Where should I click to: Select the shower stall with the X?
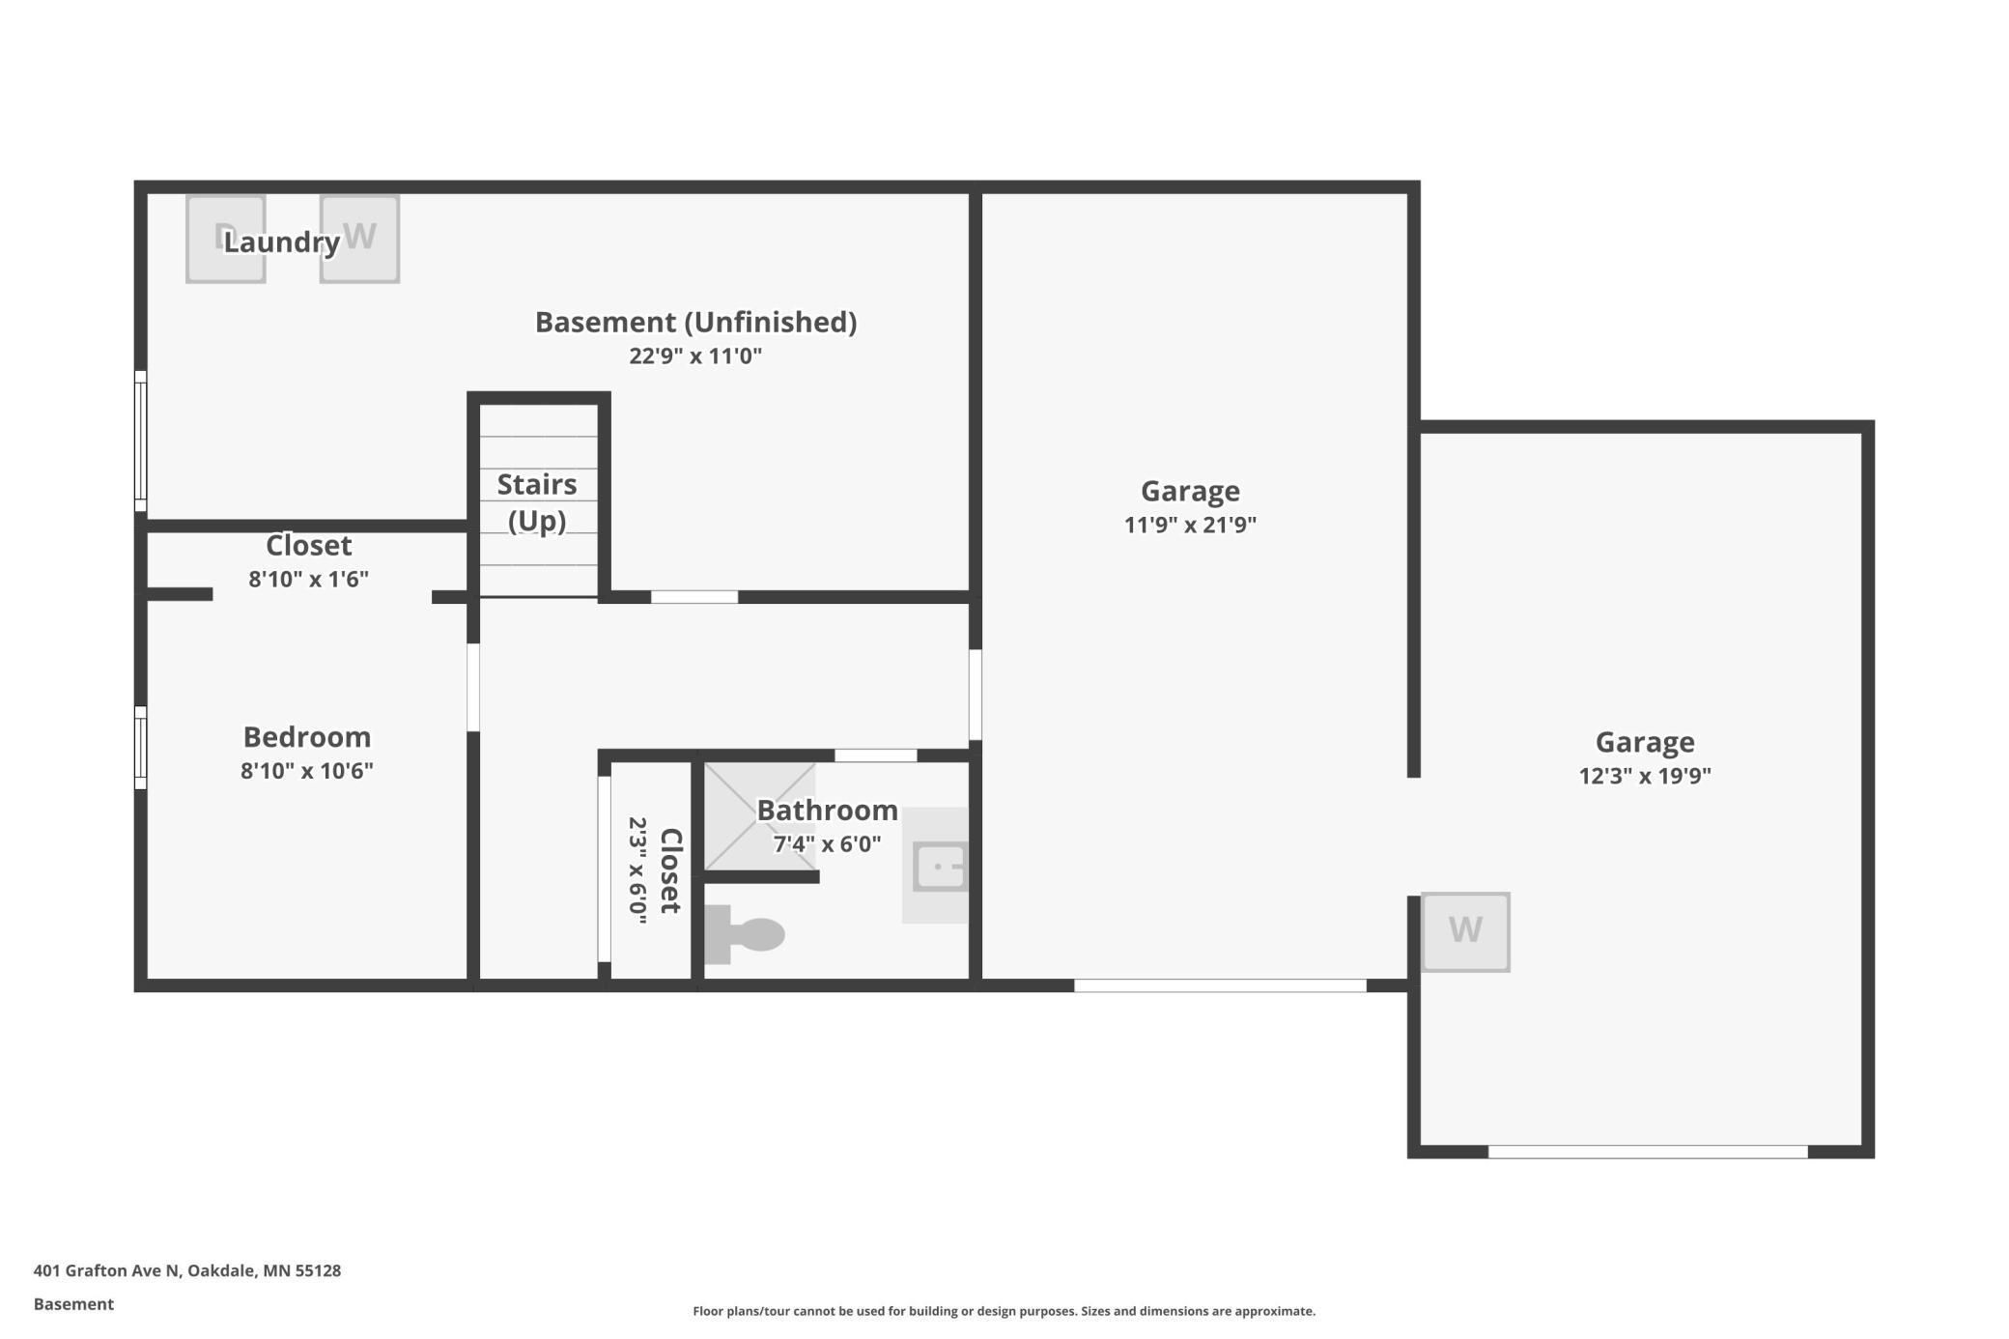pos(759,817)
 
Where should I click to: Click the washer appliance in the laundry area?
pos(359,239)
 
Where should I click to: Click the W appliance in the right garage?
pos(1465,931)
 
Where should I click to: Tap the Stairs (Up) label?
pos(537,502)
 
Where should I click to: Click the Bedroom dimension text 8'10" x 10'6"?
pos(307,771)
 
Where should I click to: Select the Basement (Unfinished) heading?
pos(695,322)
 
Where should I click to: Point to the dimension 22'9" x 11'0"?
pos(695,356)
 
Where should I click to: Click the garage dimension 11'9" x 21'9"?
pos(1190,525)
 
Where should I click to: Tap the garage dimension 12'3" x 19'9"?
pos(1645,776)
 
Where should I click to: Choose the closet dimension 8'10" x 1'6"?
pos(308,579)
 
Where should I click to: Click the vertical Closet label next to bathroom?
pos(669,870)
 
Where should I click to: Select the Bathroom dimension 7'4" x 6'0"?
pos(827,843)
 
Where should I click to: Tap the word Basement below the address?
pos(73,1304)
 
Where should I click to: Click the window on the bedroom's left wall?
pos(141,748)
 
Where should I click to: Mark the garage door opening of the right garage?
pos(1647,1152)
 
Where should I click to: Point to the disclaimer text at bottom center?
pos(1004,1311)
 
